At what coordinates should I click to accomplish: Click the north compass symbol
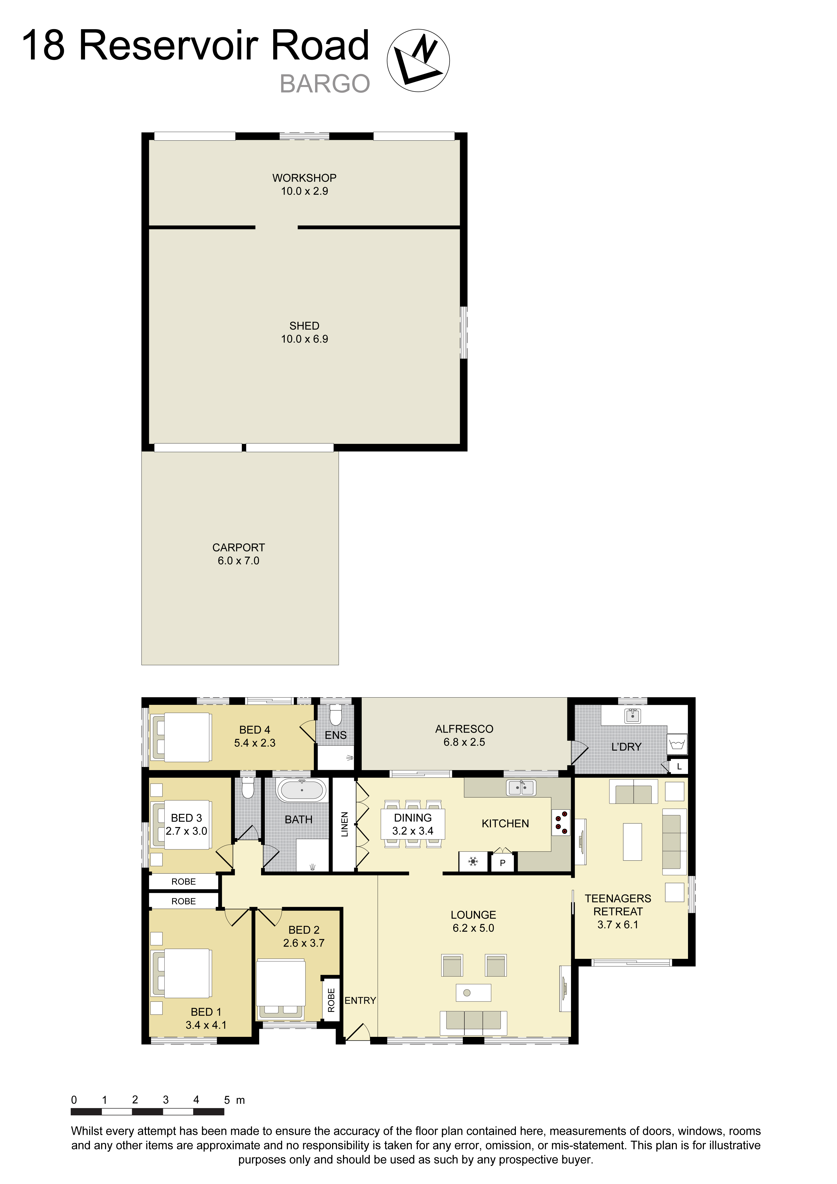pyautogui.click(x=418, y=60)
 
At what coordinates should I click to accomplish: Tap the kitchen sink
pyautogui.click(x=521, y=788)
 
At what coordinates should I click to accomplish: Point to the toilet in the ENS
pyautogui.click(x=336, y=716)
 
